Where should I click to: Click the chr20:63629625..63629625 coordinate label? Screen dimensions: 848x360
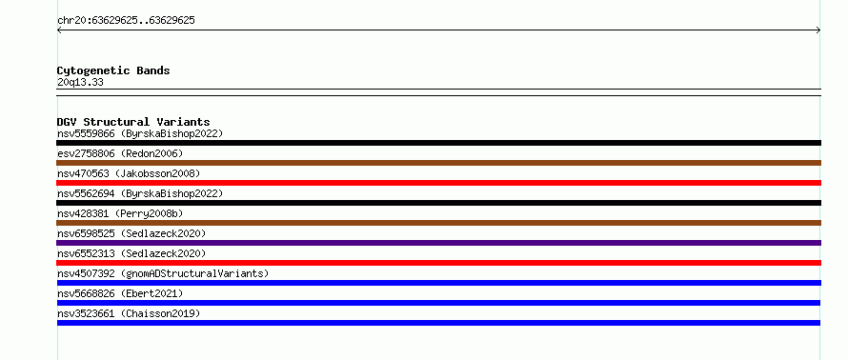(126, 21)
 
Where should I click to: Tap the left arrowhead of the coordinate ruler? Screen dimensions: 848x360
(58, 30)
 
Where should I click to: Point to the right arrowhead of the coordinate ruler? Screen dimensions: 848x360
(818, 30)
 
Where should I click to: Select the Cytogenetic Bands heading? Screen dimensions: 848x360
(113, 70)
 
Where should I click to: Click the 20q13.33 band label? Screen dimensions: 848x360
(80, 83)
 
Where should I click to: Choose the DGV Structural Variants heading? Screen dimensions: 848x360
(133, 122)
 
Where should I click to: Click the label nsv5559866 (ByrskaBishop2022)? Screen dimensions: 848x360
(140, 133)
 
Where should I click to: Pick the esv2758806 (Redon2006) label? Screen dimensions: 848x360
(120, 153)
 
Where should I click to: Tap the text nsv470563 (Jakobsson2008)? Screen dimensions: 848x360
(129, 173)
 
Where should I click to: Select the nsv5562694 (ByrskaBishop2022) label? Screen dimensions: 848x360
(140, 193)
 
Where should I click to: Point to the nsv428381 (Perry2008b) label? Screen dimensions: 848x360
(120, 213)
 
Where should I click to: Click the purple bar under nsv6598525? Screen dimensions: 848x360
(438, 243)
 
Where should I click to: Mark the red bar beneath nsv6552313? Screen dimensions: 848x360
(438, 263)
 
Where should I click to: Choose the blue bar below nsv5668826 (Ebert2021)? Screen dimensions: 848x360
(438, 303)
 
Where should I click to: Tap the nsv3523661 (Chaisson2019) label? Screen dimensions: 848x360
(129, 313)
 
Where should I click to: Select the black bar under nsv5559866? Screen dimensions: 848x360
(438, 143)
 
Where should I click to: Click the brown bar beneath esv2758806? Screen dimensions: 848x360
(438, 163)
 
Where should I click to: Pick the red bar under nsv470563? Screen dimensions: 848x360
(438, 183)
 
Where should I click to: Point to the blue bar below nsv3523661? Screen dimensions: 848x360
(438, 323)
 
